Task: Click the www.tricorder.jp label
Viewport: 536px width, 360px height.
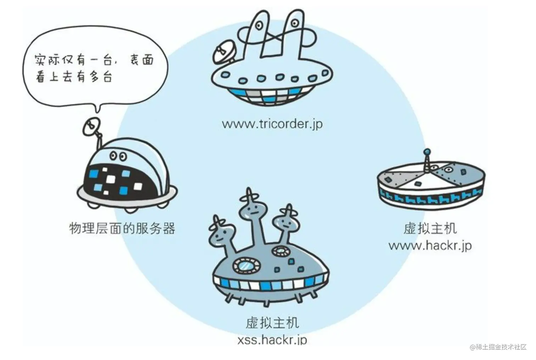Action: click(272, 124)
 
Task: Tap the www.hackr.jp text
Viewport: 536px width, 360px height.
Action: click(430, 245)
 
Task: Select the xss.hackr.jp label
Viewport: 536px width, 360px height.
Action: click(272, 340)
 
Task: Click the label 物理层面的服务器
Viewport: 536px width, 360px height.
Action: click(122, 228)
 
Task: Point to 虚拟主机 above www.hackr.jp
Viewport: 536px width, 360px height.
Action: click(430, 228)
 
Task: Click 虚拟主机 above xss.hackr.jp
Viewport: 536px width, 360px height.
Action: click(272, 323)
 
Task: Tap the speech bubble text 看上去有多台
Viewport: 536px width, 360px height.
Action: click(74, 77)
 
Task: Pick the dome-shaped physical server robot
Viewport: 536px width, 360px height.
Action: click(126, 174)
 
